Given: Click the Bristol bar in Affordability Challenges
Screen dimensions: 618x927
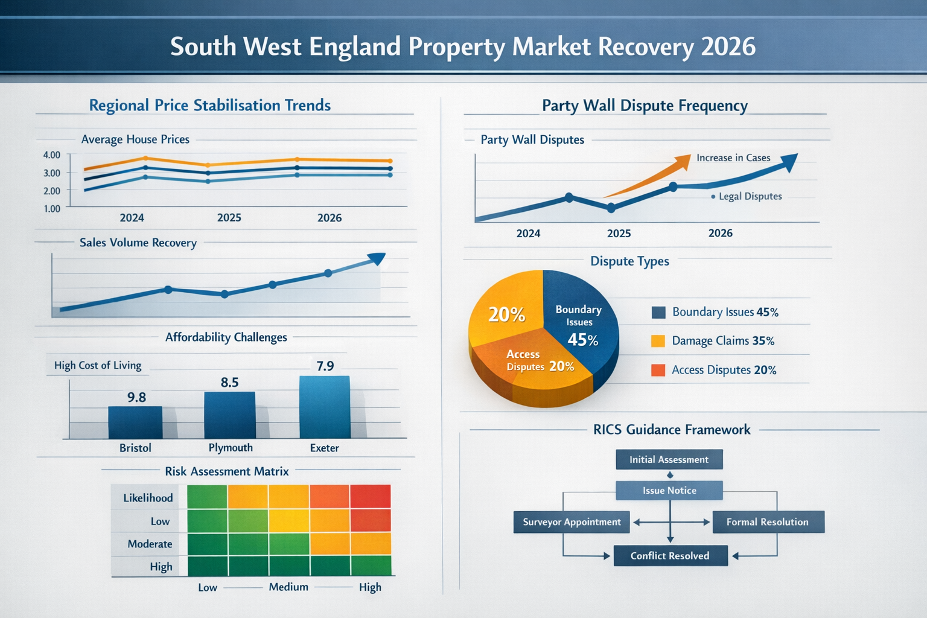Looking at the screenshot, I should (135, 422).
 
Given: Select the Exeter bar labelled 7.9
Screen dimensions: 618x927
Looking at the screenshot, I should (325, 407).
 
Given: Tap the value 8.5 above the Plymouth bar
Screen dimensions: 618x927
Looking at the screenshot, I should (229, 382).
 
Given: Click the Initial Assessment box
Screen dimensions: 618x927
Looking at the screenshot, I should (669, 459).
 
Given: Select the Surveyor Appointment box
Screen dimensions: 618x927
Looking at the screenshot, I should (571, 522).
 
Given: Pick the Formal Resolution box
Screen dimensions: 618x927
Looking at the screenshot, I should (768, 522).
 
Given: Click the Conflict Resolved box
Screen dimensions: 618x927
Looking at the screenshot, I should (670, 556).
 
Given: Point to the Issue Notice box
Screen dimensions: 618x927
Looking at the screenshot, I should (669, 491).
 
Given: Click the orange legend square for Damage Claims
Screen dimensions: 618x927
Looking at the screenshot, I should (658, 341).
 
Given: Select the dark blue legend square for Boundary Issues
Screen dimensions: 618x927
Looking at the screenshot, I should (658, 312).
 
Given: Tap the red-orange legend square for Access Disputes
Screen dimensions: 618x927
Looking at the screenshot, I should (658, 370).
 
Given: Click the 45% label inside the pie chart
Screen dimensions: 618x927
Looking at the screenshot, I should (582, 340).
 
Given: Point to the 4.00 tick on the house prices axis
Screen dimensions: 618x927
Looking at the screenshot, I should (52, 155).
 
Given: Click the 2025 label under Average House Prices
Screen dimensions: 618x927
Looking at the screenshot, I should (229, 218).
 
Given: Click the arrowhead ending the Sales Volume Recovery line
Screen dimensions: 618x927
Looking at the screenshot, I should (377, 258).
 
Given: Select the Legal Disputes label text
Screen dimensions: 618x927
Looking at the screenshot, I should (750, 196).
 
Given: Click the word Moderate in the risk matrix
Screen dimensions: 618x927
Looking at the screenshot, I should (150, 544).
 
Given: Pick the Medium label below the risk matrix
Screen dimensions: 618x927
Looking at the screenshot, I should (288, 587).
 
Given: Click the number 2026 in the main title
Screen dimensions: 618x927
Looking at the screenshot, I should (728, 46).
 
